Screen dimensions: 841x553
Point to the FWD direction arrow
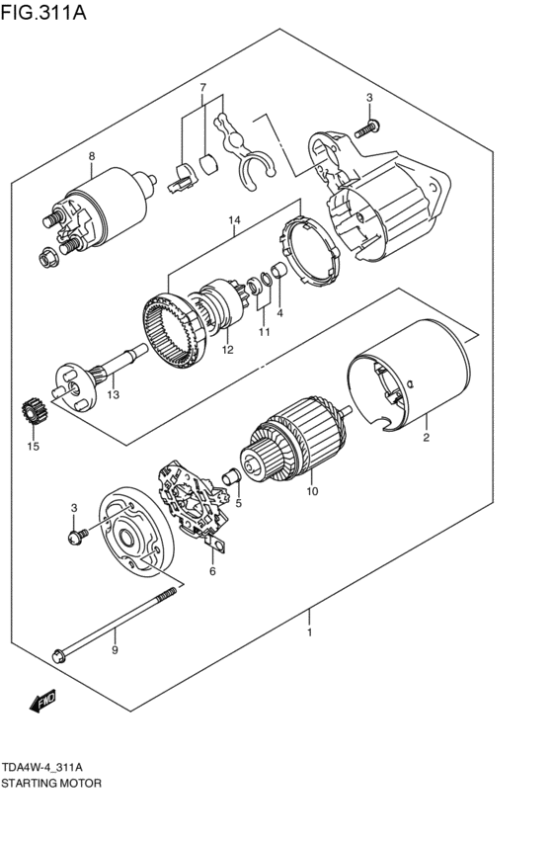[41, 702]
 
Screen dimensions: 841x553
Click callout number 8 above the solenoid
[91, 157]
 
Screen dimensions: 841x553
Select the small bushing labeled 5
[235, 481]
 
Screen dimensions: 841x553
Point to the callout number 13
[114, 395]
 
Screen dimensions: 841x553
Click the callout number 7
[203, 88]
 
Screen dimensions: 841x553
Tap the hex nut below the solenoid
[45, 259]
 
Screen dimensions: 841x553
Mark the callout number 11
[264, 331]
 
